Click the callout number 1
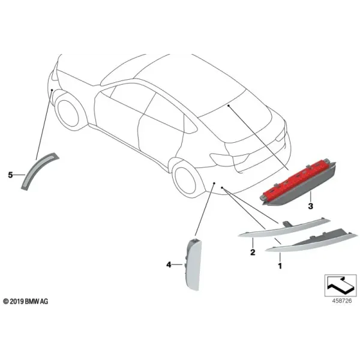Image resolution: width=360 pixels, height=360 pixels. click(280, 266)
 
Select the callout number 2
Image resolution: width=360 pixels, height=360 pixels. click(253, 252)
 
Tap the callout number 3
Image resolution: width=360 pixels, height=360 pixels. click(310, 206)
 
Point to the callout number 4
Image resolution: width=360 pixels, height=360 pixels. click(169, 265)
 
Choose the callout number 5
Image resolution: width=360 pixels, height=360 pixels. click(10, 175)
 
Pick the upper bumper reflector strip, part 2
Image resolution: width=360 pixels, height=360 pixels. click(284, 228)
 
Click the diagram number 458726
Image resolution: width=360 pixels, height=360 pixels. click(341, 301)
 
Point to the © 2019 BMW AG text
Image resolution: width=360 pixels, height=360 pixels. click(26, 301)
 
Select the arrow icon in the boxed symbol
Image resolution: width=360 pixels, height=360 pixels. click(340, 285)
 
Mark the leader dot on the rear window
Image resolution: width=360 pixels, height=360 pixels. click(229, 106)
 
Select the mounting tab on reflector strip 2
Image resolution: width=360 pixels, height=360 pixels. click(287, 224)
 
